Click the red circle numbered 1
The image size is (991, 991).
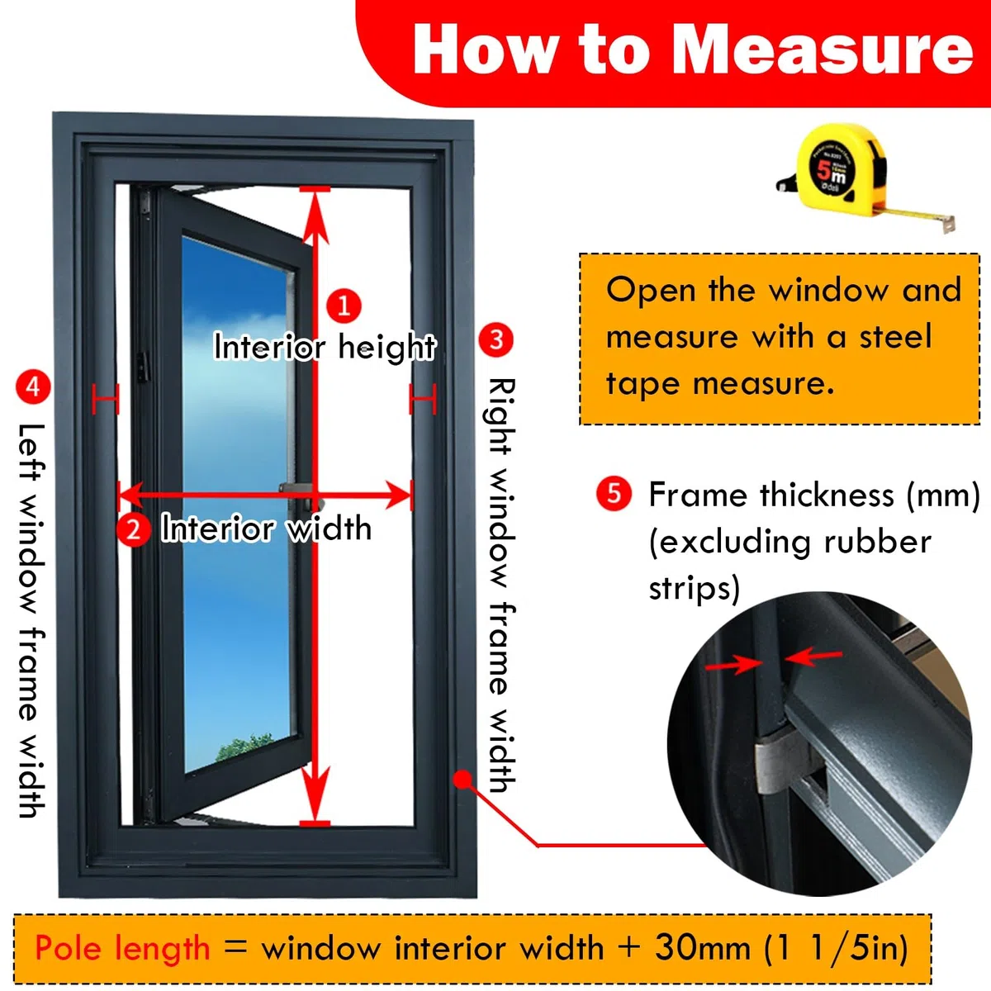click(x=344, y=306)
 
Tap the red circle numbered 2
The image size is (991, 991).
click(x=133, y=529)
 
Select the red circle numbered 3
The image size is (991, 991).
click(x=495, y=339)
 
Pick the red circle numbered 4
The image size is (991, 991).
click(x=33, y=386)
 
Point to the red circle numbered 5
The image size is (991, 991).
click(x=614, y=494)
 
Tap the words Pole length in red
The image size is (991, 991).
click(x=122, y=947)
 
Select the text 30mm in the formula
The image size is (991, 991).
click(x=703, y=946)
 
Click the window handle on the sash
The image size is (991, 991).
click(x=301, y=495)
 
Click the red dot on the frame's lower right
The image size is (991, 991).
click(x=462, y=779)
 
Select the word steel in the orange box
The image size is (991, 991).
click(x=895, y=337)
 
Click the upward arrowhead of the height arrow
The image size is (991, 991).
click(x=314, y=219)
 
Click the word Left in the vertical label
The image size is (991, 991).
click(x=32, y=453)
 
